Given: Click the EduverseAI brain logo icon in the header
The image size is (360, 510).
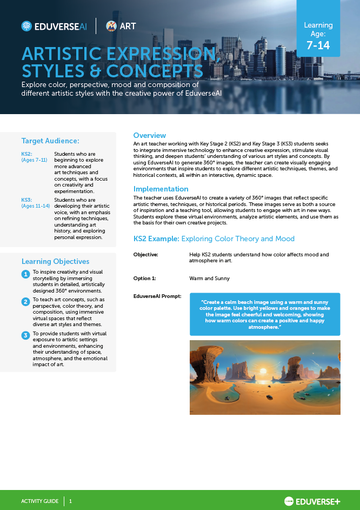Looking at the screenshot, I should tap(26, 26).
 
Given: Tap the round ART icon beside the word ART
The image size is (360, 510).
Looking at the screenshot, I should tap(111, 26).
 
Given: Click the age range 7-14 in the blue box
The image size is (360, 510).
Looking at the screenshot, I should tap(318, 45).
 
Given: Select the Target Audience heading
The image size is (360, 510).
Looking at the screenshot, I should tap(50, 141).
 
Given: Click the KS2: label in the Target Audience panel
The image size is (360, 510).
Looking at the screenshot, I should tap(27, 154).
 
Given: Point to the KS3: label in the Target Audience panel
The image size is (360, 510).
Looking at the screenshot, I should tap(27, 200).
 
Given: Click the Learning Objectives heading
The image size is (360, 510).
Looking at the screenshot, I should tap(56, 261).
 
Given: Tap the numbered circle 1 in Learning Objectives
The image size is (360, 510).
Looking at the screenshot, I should tap(25, 275).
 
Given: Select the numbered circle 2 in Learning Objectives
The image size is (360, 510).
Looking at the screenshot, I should tap(25, 302).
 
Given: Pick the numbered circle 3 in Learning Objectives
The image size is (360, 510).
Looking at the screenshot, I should tap(25, 335).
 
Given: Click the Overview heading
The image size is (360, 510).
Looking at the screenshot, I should tap(150, 135).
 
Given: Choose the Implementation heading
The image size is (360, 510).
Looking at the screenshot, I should tap(161, 189).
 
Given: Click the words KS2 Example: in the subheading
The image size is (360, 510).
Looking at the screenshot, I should tap(156, 239).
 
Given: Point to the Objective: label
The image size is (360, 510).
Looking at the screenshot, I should tap(146, 254).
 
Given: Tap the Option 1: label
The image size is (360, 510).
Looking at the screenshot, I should tap(144, 279).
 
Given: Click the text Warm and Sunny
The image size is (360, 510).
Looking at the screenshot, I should tap(209, 279).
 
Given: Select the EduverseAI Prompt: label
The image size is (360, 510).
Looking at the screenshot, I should tap(157, 296).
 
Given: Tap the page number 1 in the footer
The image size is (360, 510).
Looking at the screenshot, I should tap(70, 501).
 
